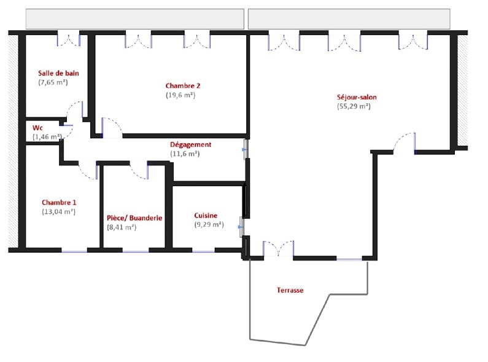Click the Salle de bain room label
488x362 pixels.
[x=58, y=73]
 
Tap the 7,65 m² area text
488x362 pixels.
[x=53, y=82]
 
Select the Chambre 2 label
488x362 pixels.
[x=183, y=85]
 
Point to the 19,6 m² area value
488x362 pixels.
[x=180, y=95]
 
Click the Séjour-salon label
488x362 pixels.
[x=357, y=97]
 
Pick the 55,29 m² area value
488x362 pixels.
[x=354, y=106]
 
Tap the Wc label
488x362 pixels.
[x=37, y=128]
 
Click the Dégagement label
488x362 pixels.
[x=190, y=144]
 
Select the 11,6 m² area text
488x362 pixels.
[x=185, y=154]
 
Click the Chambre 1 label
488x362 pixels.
[x=59, y=202]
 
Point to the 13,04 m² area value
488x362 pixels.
[x=58, y=212]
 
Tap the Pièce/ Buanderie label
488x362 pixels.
[x=134, y=218]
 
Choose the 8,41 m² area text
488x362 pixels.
[x=122, y=227]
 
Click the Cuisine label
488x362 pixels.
[x=206, y=216]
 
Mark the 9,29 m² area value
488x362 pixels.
[x=209, y=224]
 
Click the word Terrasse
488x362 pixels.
[x=290, y=290]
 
